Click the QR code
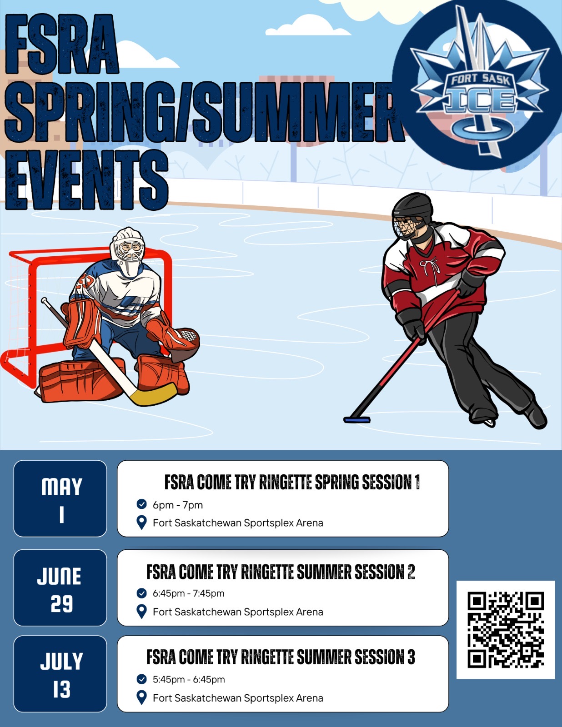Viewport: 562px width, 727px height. click(506, 630)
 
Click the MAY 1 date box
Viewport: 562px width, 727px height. click(60, 498)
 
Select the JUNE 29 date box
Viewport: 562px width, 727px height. click(60, 588)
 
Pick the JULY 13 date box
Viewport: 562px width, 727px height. click(60, 674)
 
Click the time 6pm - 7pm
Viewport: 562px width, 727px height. click(178, 504)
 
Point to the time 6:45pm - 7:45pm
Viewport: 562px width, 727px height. click(188, 593)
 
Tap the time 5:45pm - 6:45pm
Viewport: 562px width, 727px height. click(189, 679)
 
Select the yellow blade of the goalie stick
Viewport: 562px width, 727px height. click(153, 395)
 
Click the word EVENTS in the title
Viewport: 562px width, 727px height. click(86, 179)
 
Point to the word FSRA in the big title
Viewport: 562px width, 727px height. click(62, 44)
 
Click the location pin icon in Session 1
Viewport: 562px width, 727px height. click(142, 523)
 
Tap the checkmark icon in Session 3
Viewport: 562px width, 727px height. click(141, 679)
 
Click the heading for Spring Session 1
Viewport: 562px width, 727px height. click(292, 482)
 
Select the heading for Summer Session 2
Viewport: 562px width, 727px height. click(281, 572)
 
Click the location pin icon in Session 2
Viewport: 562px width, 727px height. click(142, 612)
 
